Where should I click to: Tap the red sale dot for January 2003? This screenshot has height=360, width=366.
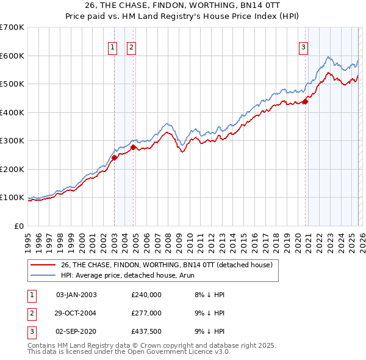click(x=114, y=157)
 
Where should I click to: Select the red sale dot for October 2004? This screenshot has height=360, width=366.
click(x=134, y=147)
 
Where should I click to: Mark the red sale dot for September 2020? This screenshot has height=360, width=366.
click(x=306, y=102)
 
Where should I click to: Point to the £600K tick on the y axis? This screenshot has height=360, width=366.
click(x=12, y=56)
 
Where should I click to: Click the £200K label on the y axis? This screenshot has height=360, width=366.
click(x=12, y=169)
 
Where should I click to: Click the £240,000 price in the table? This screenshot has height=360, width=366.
click(x=146, y=295)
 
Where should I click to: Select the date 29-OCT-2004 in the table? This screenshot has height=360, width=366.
click(x=76, y=312)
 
